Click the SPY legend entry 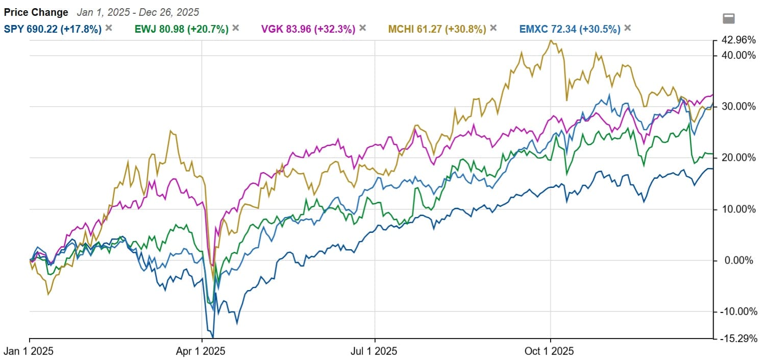(53, 29)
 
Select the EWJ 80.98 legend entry (181, 29)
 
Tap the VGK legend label (308, 29)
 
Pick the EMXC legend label (570, 29)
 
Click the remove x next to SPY (108, 28)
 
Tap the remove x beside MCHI (493, 28)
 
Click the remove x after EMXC (627, 28)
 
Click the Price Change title (36, 12)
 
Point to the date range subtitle (138, 12)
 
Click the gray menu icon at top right (729, 19)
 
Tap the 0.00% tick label (737, 260)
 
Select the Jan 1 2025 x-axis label (30, 351)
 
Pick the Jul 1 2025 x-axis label (375, 351)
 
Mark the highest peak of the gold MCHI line (551, 40)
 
